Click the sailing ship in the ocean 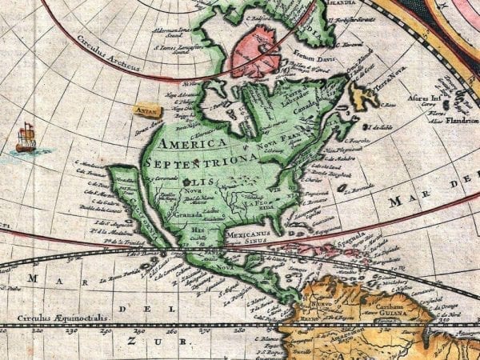pos(26,138)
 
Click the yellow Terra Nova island pos(365,96)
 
